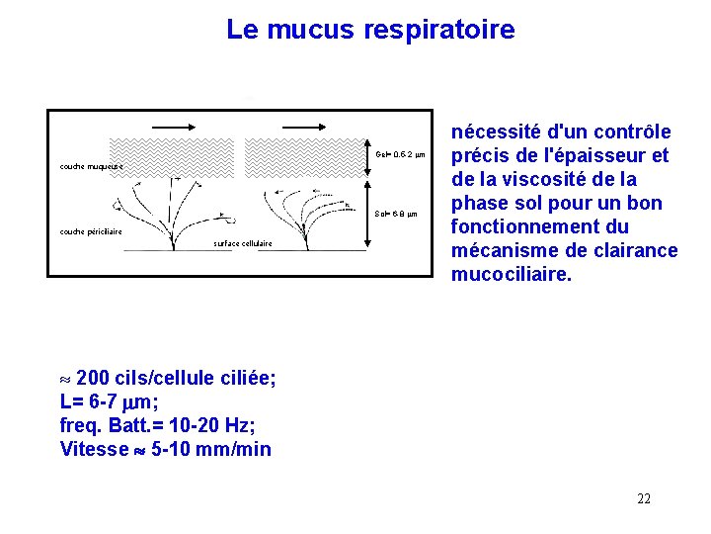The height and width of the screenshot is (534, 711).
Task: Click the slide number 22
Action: click(x=644, y=498)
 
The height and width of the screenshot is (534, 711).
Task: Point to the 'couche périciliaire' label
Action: click(x=92, y=232)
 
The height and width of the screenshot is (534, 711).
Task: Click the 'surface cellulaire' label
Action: click(x=243, y=243)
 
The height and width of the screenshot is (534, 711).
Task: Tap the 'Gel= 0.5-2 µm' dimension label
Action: click(x=400, y=154)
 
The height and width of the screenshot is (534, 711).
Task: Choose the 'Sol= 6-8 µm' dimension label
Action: click(x=396, y=214)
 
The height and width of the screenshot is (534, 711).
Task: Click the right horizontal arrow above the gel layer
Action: click(x=307, y=126)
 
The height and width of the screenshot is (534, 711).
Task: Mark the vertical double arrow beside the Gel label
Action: click(x=365, y=156)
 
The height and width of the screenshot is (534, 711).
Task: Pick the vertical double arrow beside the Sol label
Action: click(x=365, y=213)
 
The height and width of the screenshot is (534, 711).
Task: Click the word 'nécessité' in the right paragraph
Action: click(x=491, y=133)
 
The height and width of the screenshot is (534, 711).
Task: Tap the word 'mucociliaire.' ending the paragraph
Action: click(x=512, y=275)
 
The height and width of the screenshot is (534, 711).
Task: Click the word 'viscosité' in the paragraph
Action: click(x=529, y=180)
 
